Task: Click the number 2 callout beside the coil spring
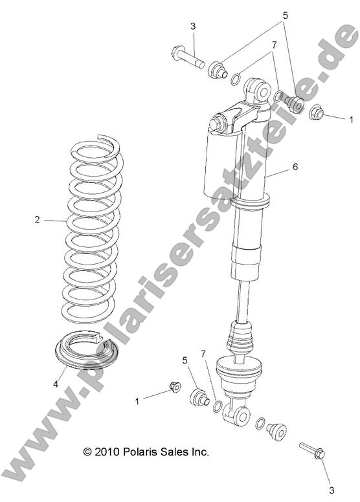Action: pos(37,220)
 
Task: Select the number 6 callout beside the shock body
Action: pos(295,167)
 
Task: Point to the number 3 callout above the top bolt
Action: pos(193,27)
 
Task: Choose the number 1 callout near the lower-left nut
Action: pos(137,401)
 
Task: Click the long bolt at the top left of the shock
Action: pos(187,58)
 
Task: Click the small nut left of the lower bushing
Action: pos(174,387)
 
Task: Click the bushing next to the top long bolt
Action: pos(216,69)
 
